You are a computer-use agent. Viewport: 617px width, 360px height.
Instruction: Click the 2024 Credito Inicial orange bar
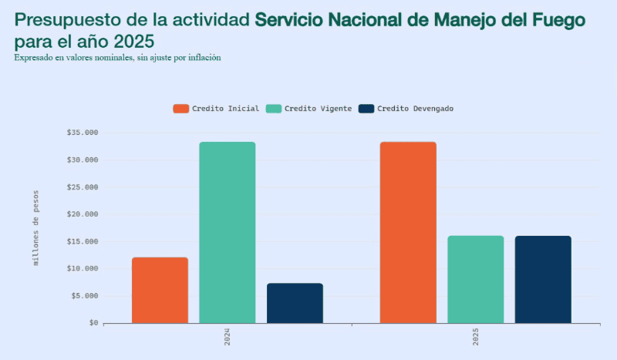click(160, 290)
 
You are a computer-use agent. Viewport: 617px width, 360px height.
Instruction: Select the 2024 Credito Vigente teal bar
click(227, 232)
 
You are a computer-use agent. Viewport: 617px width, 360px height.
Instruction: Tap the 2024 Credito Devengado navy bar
click(295, 303)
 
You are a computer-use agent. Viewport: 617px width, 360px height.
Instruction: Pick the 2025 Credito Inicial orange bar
click(408, 232)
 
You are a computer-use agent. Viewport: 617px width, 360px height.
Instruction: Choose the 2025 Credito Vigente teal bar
click(475, 279)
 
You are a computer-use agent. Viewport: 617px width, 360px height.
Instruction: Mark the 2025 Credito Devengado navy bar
click(543, 279)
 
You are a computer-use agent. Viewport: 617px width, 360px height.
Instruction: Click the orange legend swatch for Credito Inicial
click(180, 109)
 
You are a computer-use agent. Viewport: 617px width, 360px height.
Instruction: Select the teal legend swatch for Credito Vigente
click(273, 109)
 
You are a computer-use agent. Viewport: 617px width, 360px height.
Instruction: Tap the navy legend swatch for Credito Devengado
click(366, 109)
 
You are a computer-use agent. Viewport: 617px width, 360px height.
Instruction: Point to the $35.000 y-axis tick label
click(82, 133)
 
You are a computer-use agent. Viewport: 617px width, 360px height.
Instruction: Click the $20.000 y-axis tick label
click(82, 214)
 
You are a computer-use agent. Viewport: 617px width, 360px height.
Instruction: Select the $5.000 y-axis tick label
click(84, 296)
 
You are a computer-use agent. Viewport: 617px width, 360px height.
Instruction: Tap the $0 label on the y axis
click(93, 323)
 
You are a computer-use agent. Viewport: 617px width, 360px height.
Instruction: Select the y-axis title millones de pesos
click(35, 228)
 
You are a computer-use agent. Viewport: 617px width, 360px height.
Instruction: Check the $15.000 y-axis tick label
click(82, 241)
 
